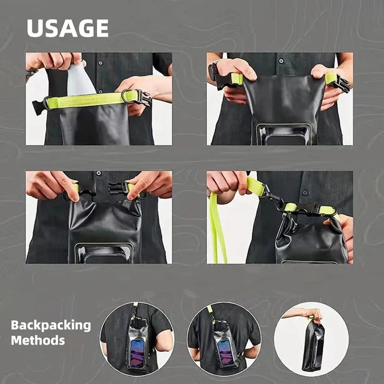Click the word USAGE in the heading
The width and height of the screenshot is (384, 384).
click(68, 28)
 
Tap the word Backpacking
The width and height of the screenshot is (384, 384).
click(51, 325)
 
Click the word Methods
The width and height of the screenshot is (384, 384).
click(38, 340)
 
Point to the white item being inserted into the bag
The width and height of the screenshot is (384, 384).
click(81, 81)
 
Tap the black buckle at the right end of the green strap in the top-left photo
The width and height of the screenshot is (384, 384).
click(141, 97)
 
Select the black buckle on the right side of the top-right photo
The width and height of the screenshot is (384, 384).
click(341, 84)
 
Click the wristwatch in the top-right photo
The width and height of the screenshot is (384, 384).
click(212, 71)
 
